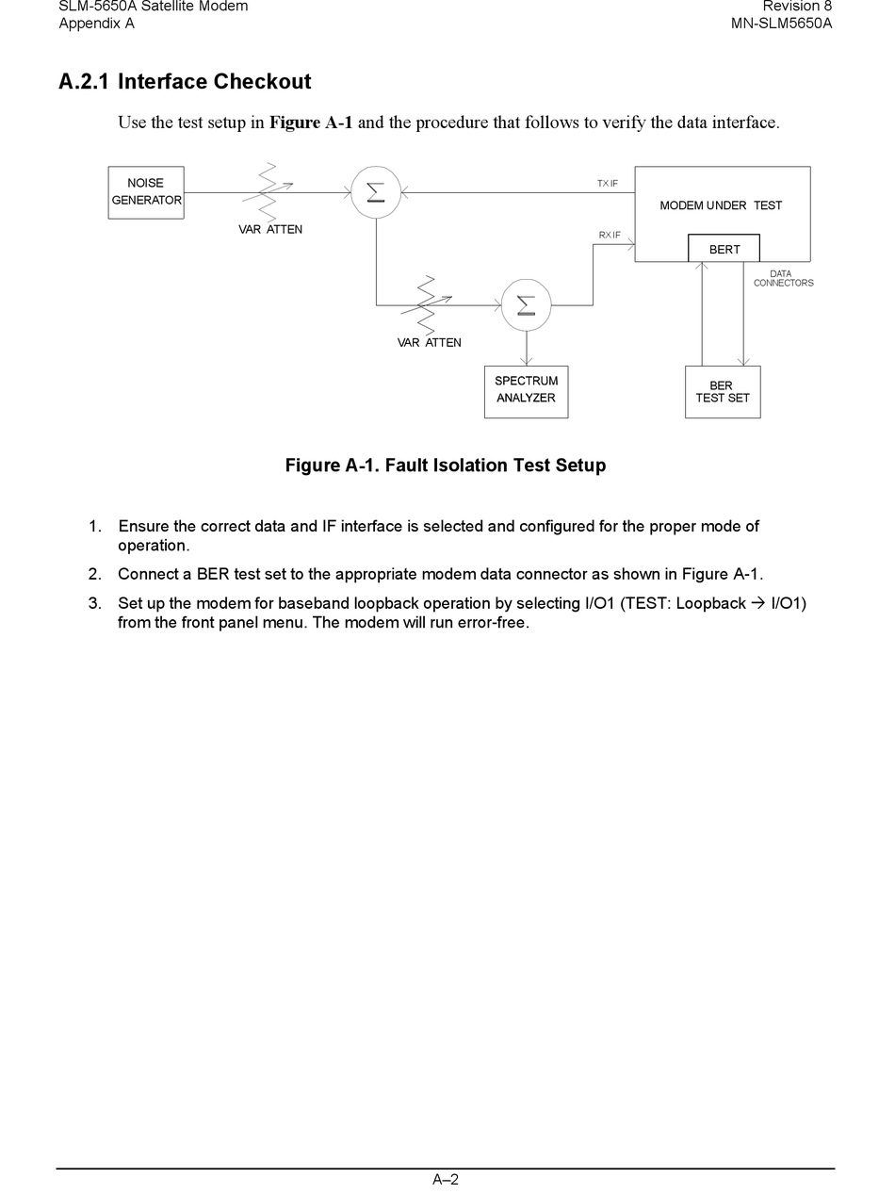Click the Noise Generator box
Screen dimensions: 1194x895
click(x=146, y=192)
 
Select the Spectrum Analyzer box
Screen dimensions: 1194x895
click(x=526, y=391)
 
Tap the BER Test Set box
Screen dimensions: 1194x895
click(x=722, y=392)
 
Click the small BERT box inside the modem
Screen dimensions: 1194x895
click(x=724, y=249)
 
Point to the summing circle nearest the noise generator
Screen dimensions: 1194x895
click(x=376, y=192)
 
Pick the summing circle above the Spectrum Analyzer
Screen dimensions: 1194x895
click(x=526, y=304)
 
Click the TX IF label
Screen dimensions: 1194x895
click(x=608, y=183)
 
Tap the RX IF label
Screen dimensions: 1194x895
click(x=610, y=235)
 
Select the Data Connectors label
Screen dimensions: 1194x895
click(x=782, y=278)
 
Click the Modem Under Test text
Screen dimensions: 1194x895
click(x=721, y=205)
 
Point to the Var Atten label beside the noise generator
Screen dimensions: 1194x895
click(x=270, y=229)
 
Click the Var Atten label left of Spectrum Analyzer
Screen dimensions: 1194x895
click(x=429, y=342)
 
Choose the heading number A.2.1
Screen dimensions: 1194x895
click(x=84, y=82)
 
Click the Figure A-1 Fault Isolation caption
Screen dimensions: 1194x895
click(x=445, y=466)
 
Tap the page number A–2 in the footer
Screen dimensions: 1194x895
click(x=446, y=1179)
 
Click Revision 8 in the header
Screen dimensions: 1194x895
click(x=797, y=7)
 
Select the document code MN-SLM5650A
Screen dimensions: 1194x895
click(x=781, y=24)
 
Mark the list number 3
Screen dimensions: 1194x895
click(x=94, y=603)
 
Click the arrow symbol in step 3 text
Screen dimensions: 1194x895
click(x=758, y=603)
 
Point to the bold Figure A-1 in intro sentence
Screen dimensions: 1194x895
click(x=311, y=123)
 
